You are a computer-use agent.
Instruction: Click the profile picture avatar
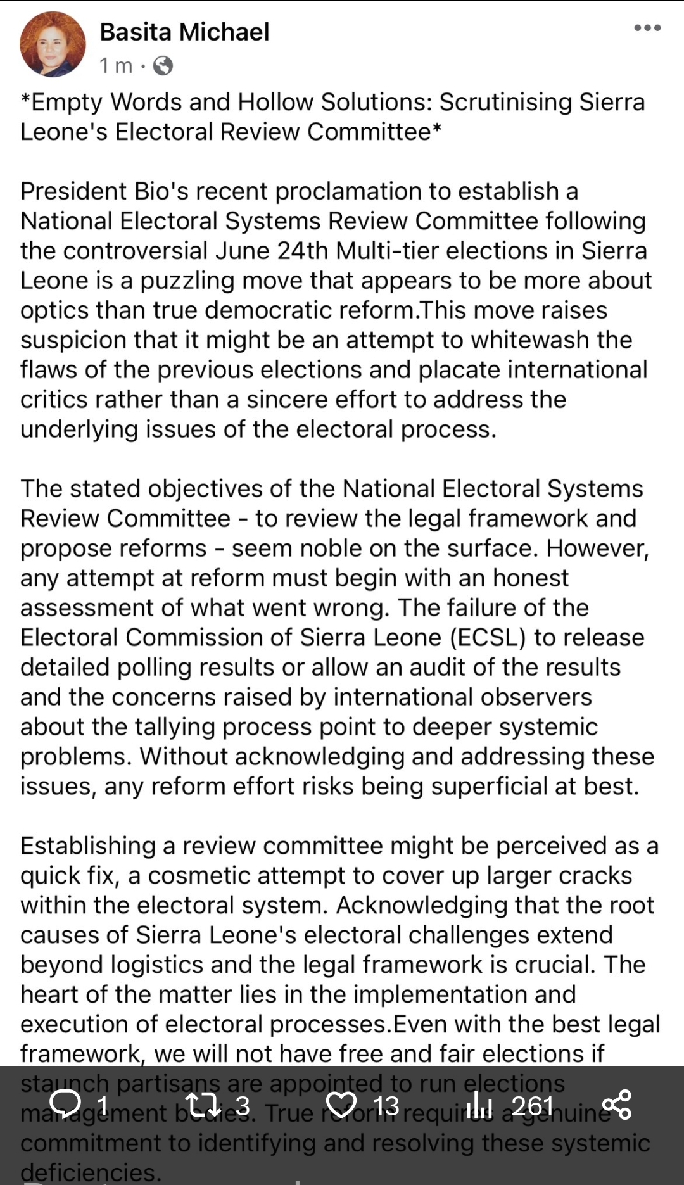tap(53, 44)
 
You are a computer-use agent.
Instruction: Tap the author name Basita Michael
tap(184, 32)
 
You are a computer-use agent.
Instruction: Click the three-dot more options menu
tap(647, 28)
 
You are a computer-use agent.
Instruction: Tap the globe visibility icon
tap(163, 65)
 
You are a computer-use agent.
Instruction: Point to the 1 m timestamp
tap(116, 65)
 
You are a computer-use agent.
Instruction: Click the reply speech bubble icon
tap(65, 1105)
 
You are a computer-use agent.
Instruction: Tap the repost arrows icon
tap(203, 1105)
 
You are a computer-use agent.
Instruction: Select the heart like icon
tap(341, 1105)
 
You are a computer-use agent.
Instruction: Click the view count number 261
tap(532, 1106)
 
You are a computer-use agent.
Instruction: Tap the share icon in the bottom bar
tap(617, 1105)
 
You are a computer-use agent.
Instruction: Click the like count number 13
tap(386, 1106)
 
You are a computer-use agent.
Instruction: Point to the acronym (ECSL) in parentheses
tap(488, 637)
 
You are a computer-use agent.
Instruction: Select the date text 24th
tap(302, 251)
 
